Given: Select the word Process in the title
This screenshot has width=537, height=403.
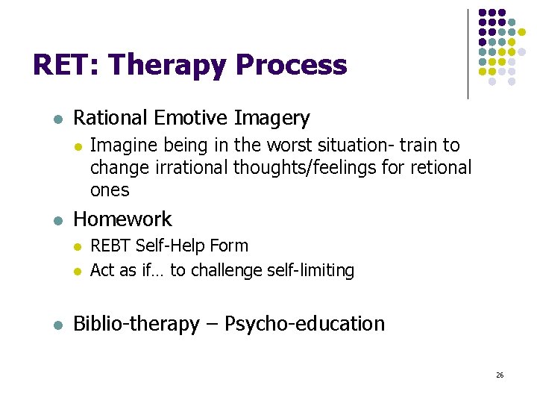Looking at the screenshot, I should point(291,66).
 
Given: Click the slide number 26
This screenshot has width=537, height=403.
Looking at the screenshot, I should point(500,375).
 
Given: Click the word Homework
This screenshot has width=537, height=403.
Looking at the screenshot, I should point(123,219).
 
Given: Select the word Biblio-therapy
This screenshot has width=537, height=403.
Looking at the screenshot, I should point(136,324).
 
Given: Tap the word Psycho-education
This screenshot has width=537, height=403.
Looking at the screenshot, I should point(305,324).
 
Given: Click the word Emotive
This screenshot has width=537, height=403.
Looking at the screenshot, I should point(192,118).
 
